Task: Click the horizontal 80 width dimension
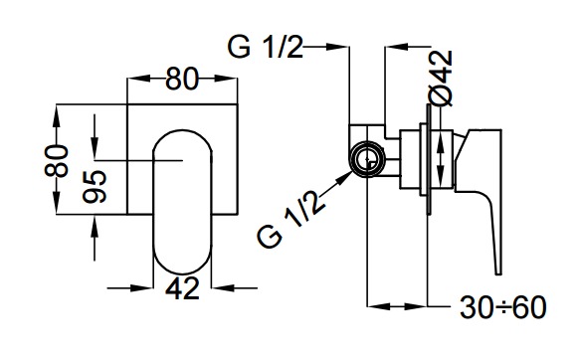182,79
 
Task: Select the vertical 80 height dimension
57,160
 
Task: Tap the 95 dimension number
95,187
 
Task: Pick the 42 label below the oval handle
182,288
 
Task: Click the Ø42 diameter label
441,78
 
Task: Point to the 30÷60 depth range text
503,307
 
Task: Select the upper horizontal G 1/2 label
265,47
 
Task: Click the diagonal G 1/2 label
290,219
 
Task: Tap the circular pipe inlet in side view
368,160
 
